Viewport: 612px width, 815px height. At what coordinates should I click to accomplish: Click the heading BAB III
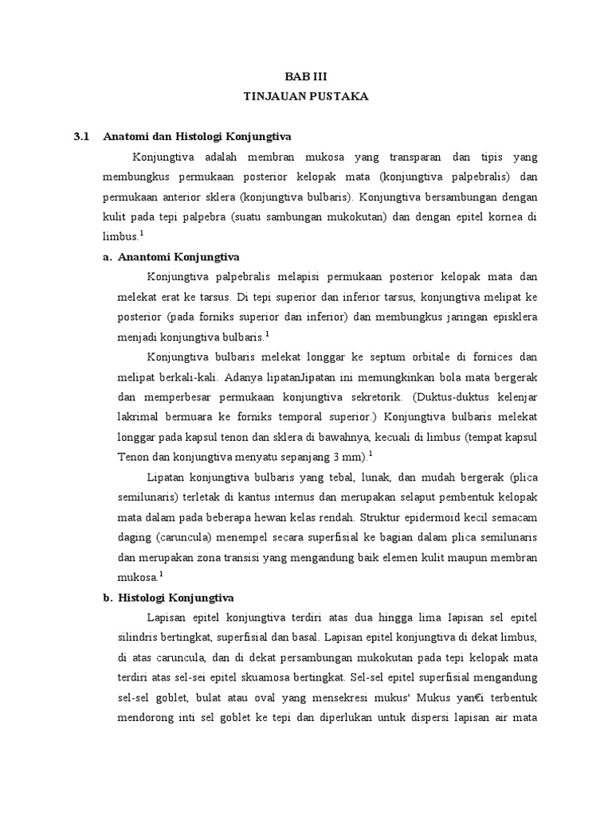coord(306,76)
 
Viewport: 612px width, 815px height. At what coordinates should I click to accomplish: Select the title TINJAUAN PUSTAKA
coord(306,96)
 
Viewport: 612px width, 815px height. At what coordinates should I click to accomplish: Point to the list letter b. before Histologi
coord(108,598)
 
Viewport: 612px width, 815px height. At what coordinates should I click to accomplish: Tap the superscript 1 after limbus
coord(142,233)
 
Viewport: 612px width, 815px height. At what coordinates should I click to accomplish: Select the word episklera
coord(511,316)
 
